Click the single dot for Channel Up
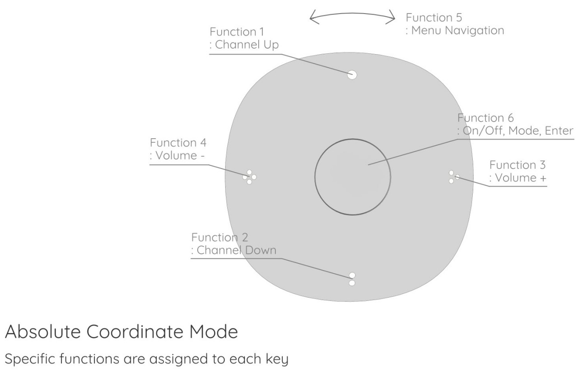click(352, 75)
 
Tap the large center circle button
click(353, 176)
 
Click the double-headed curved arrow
click(352, 17)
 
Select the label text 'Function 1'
click(238, 32)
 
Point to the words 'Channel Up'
click(247, 45)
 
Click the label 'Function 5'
click(433, 18)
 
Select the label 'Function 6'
click(485, 118)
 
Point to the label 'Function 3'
click(518, 164)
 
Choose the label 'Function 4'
click(178, 143)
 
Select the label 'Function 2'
click(219, 237)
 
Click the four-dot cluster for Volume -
click(249, 177)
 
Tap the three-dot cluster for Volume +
click(453, 177)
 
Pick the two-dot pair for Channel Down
click(352, 279)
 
